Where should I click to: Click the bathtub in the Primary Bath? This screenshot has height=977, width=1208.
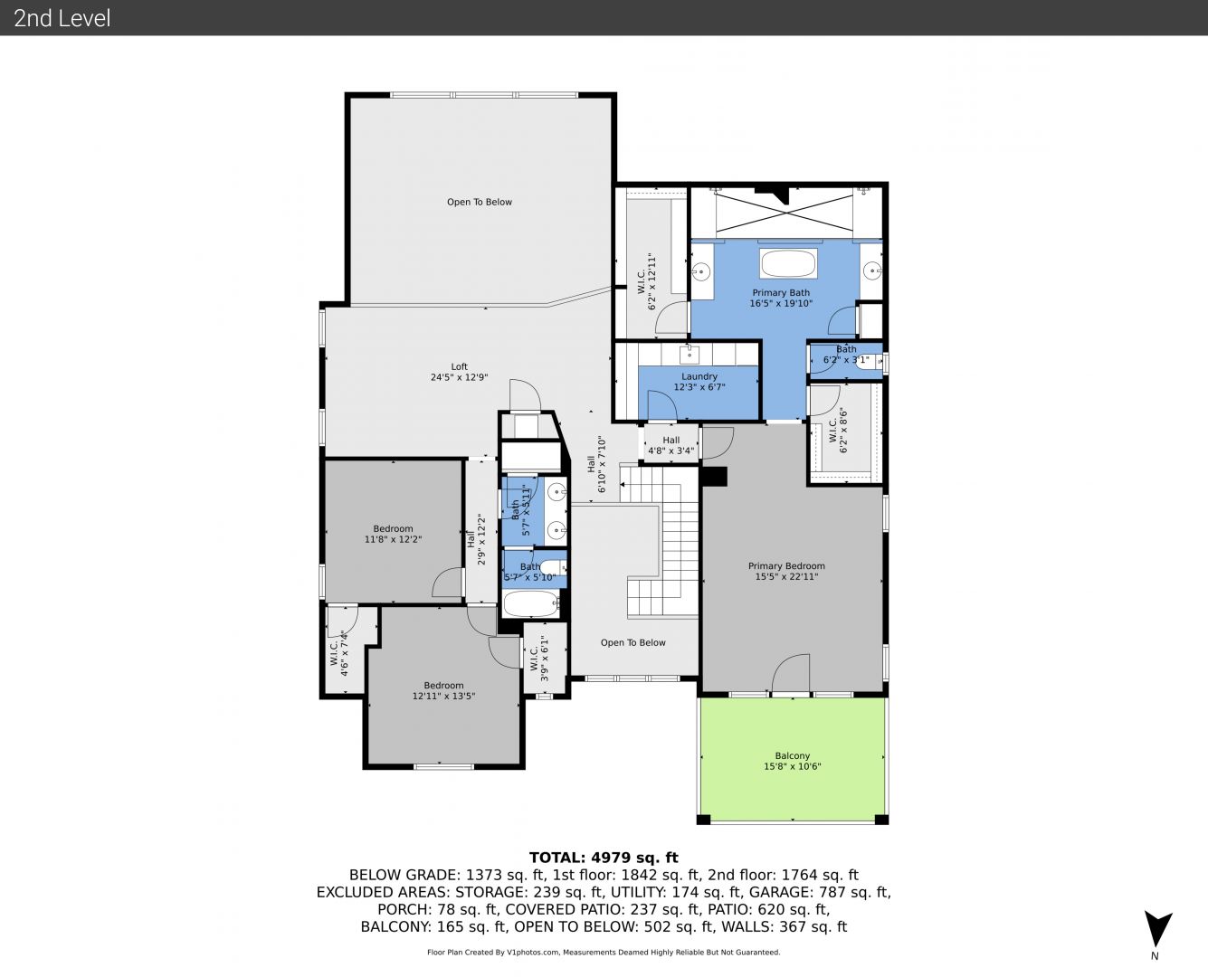tap(788, 263)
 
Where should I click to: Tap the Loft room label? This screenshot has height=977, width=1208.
tap(460, 366)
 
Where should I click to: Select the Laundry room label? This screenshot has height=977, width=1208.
tap(699, 376)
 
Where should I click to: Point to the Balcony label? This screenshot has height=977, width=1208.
tap(793, 756)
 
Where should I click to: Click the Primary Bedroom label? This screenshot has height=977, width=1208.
tap(786, 566)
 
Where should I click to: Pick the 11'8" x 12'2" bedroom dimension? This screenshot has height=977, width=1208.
tap(393, 539)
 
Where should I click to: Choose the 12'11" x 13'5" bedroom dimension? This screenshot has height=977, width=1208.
tap(443, 697)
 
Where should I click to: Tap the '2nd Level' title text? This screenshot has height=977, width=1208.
tap(62, 18)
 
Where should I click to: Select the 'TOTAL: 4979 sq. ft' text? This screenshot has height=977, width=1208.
tap(604, 858)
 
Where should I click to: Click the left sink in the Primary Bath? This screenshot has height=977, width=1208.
tap(701, 271)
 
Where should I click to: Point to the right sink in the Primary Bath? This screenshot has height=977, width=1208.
tap(872, 271)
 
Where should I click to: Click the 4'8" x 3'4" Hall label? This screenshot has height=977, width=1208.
tap(671, 446)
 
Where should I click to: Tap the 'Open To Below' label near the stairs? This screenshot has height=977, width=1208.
tap(633, 642)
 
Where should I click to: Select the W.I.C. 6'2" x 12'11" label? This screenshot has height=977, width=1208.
tap(647, 282)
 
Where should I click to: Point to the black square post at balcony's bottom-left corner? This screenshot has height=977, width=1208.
tap(703, 820)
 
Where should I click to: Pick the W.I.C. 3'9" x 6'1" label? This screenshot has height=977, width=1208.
tap(539, 658)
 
